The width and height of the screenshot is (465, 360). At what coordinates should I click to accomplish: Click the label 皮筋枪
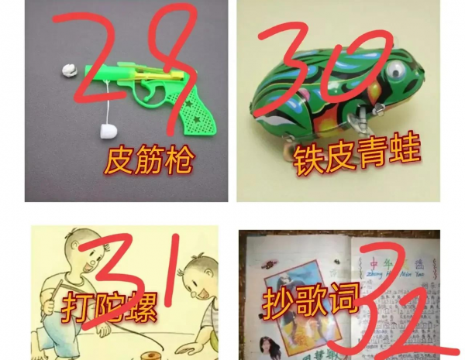(149, 161)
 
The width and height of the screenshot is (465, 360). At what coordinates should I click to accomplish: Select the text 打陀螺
(110, 307)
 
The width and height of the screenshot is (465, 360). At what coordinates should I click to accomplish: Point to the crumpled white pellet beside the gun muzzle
(68, 70)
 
